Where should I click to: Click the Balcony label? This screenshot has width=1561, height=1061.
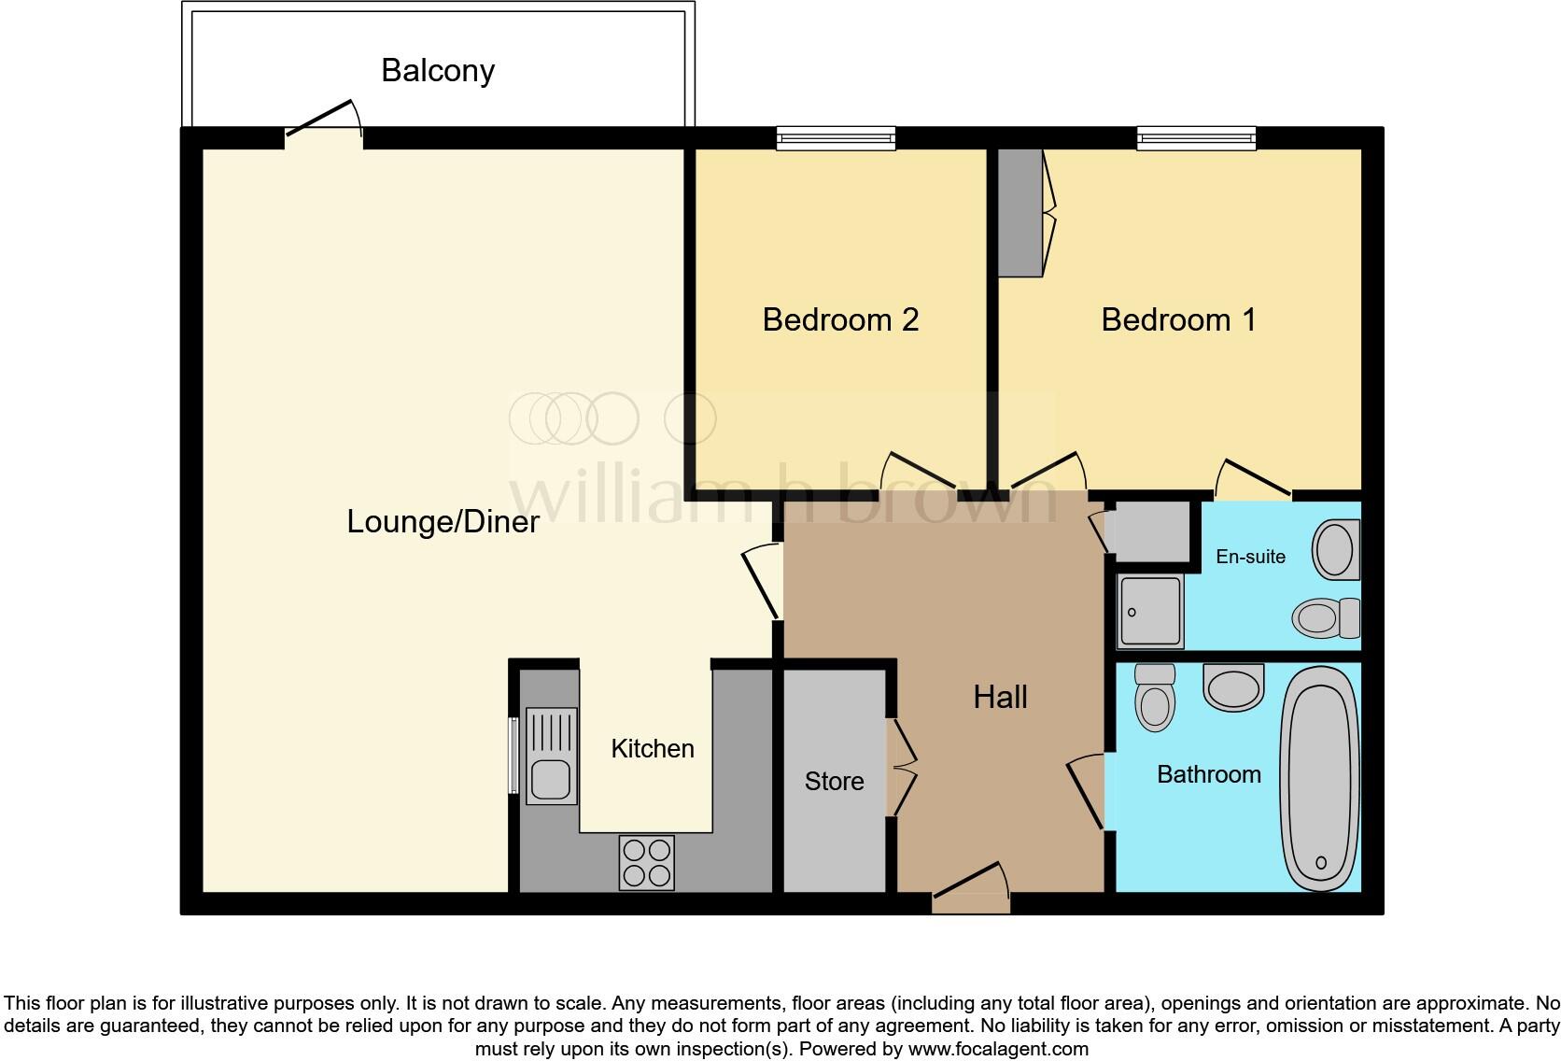pos(437,71)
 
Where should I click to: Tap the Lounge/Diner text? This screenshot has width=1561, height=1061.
pos(443,521)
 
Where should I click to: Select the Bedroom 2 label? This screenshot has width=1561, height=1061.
pos(840,319)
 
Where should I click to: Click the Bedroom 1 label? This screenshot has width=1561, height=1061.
pos(1178,319)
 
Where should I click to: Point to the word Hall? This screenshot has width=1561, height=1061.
pos(1000,697)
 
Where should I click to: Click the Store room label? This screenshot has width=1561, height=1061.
pos(834,781)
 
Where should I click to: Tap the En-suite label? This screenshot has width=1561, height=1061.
pos(1250,557)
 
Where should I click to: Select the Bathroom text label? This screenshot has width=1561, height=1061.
pos(1208,774)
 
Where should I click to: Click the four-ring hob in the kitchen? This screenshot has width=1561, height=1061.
pos(646,862)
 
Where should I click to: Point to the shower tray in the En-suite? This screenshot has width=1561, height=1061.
pos(1150,612)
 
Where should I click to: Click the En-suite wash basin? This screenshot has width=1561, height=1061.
pos(1336,549)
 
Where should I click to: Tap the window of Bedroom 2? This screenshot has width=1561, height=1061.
pos(836,139)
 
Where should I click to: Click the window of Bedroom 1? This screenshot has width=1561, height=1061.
pos(1196,139)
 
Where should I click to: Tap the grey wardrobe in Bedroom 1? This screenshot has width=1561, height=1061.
pos(1020,213)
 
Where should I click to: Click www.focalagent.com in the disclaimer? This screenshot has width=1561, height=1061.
pos(997,1049)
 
